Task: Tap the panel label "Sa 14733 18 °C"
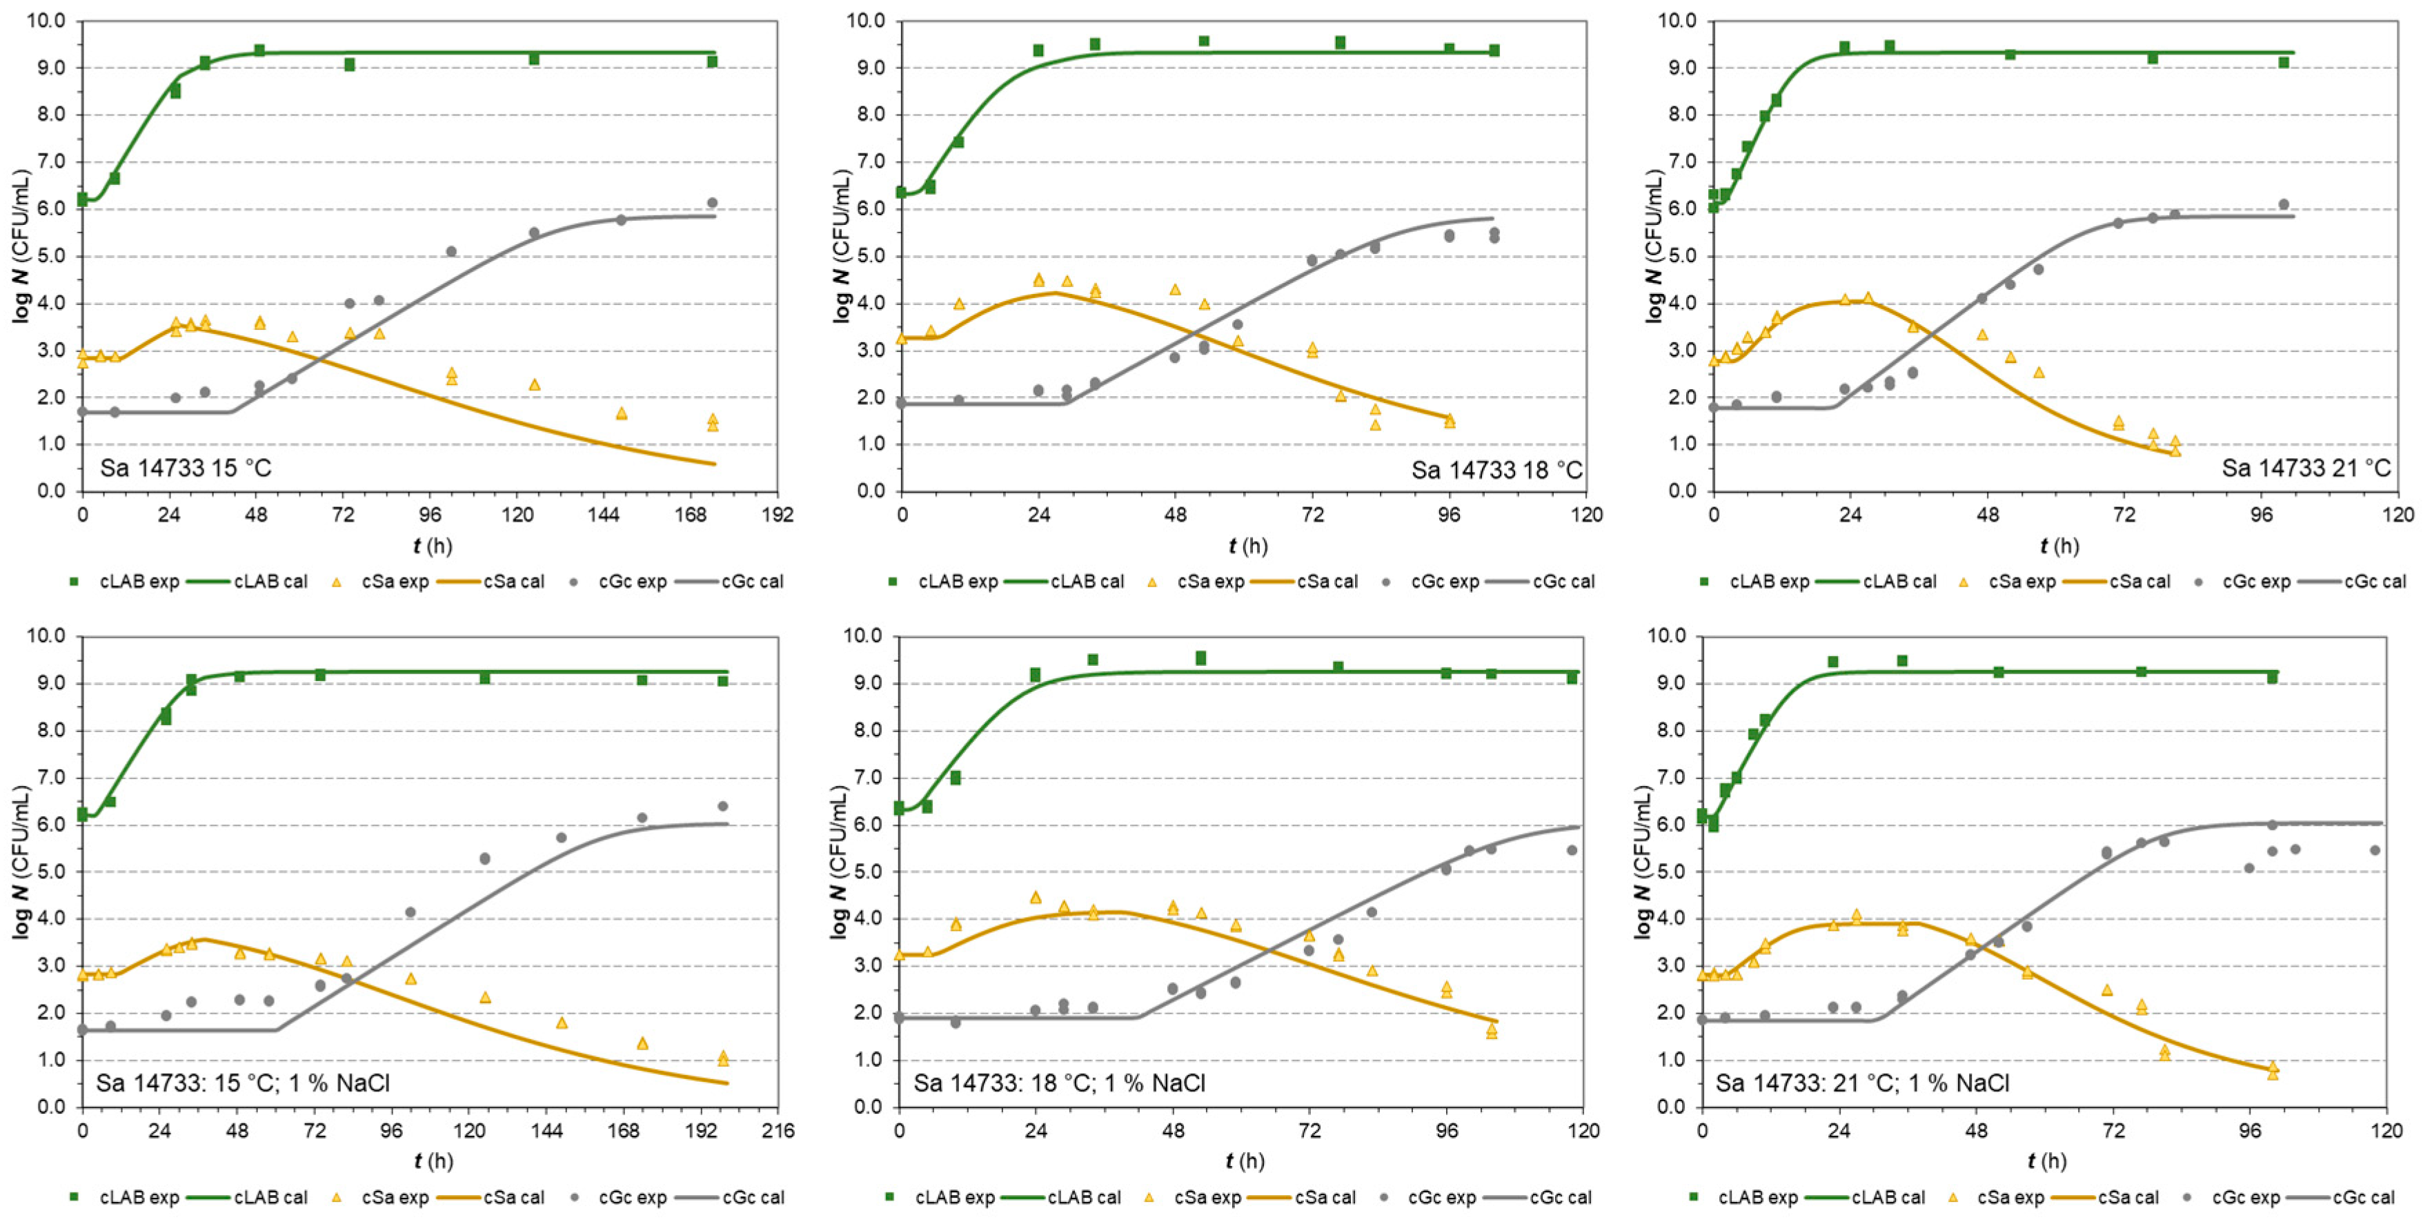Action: (1496, 469)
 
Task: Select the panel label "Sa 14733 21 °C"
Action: (2306, 468)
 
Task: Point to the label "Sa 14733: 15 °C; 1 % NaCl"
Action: (243, 1083)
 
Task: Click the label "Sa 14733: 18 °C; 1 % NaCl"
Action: (1059, 1083)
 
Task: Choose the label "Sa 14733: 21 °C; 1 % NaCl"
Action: (1862, 1083)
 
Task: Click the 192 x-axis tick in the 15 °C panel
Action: (778, 515)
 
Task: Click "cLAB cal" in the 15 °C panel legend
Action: (270, 582)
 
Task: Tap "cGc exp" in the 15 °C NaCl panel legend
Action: (633, 1198)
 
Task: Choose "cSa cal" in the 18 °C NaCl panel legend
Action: (1325, 1198)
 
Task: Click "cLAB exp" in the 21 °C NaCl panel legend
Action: (1758, 1198)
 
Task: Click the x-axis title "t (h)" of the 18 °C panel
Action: (1247, 546)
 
